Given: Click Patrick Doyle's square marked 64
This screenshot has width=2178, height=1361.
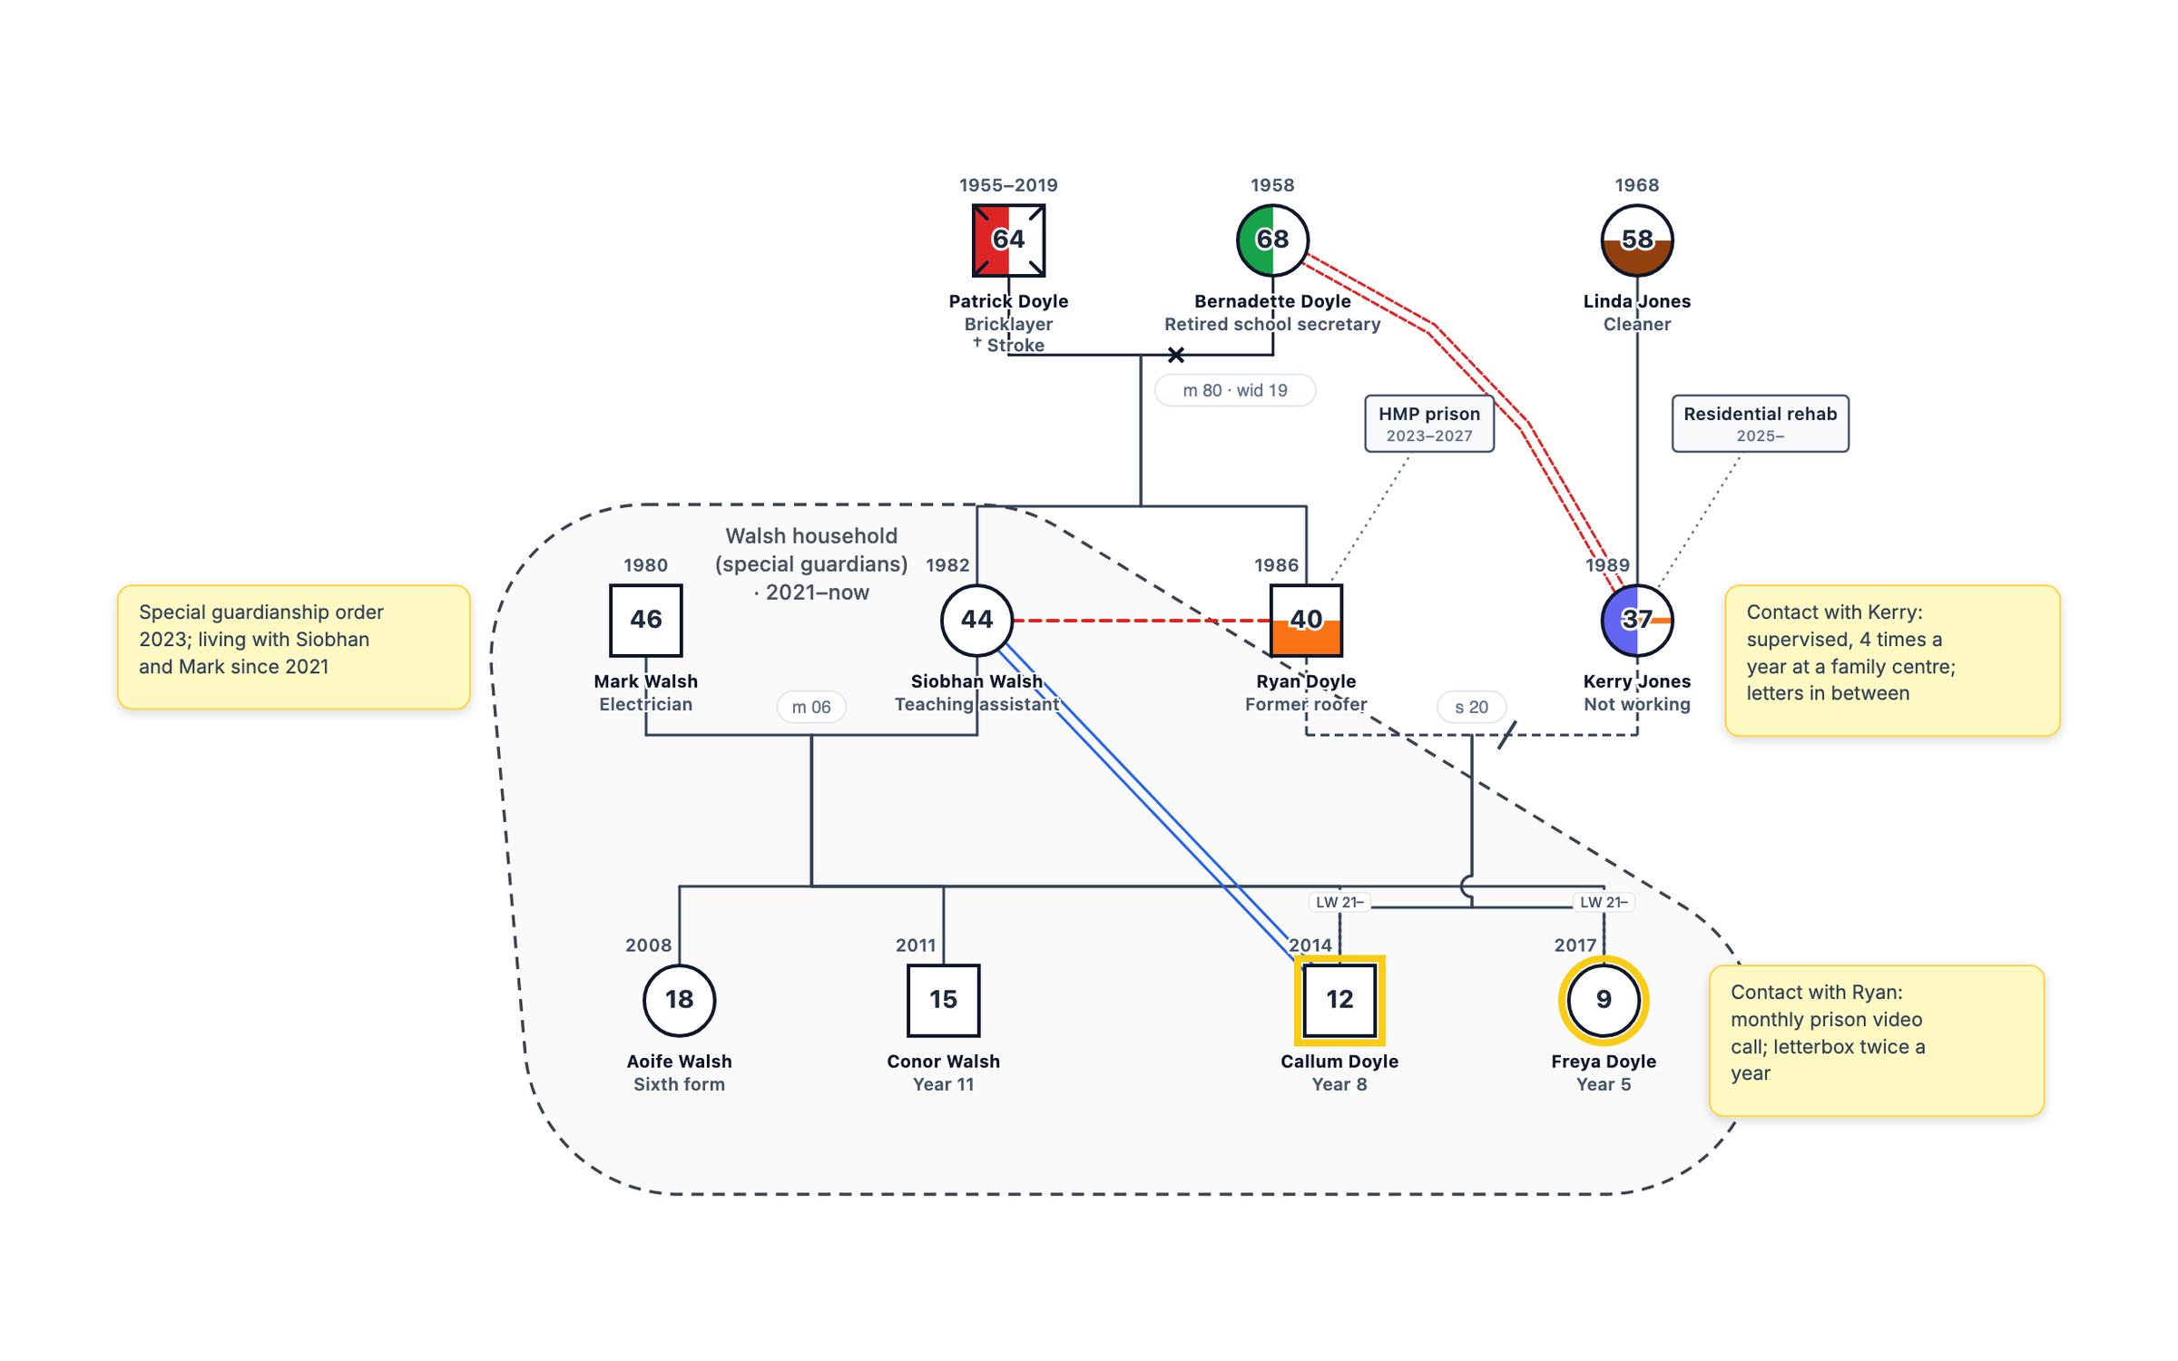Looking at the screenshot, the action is (x=1008, y=240).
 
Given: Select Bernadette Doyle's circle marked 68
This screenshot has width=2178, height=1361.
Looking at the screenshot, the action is (x=1272, y=240).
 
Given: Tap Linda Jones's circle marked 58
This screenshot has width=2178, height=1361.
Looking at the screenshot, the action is (x=1636, y=240).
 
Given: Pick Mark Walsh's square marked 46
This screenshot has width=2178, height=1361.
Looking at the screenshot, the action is (x=645, y=620).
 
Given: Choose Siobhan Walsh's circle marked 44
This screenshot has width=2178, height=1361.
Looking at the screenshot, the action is (x=976, y=620).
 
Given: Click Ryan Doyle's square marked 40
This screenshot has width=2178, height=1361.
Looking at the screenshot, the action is (x=1306, y=620).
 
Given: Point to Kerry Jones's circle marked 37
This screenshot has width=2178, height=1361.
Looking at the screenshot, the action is (x=1636, y=620).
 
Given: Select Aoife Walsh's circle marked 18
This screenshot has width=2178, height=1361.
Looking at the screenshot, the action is (x=679, y=1000).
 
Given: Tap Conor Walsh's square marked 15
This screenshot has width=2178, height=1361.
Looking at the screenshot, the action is (x=943, y=1000).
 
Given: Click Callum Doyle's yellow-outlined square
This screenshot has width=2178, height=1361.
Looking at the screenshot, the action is (x=1339, y=1000).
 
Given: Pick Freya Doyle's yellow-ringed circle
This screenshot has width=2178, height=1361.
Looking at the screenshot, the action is (x=1604, y=1000).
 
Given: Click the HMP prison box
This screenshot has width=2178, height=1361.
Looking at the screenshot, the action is (x=1429, y=423).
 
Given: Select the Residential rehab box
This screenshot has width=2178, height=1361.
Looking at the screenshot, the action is (x=1760, y=423).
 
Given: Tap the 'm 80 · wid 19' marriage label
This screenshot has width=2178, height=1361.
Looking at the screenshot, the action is (x=1234, y=390).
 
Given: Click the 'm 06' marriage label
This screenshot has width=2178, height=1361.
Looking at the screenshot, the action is (x=810, y=707).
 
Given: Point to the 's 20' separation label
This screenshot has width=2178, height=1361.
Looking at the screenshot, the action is (x=1471, y=707).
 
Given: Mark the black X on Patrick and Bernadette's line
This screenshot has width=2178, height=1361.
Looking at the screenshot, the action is (x=1175, y=355).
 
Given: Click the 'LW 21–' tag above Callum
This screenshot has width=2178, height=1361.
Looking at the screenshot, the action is (x=1339, y=902).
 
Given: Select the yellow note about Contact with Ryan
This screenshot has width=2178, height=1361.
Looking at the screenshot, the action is (x=1876, y=1040).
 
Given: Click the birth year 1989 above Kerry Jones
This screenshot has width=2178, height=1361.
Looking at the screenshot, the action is (x=1607, y=564).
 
